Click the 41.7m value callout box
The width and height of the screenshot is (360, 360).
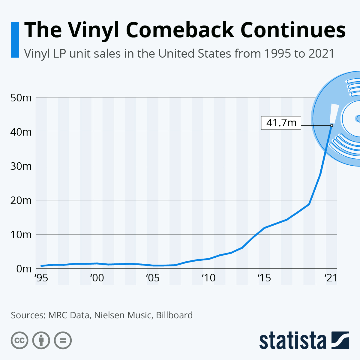click(281, 123)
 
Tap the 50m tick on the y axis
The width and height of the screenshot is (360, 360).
click(21, 98)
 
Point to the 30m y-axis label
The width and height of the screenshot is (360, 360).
click(21, 166)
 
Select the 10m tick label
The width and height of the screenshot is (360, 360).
click(21, 235)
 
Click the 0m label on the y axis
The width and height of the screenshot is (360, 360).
click(23, 269)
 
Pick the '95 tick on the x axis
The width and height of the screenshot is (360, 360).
click(41, 278)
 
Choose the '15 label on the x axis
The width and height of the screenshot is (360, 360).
click(264, 278)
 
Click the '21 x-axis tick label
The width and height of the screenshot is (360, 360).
click(331, 278)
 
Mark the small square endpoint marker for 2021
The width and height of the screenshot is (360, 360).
click(331, 125)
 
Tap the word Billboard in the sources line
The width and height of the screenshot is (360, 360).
click(174, 315)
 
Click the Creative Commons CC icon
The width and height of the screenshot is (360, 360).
click(19, 340)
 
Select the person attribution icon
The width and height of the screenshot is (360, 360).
click(41, 340)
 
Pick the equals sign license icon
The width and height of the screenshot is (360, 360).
click(63, 340)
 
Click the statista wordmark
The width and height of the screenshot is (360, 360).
click(292, 341)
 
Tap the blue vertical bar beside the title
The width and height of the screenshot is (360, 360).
click(15, 40)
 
